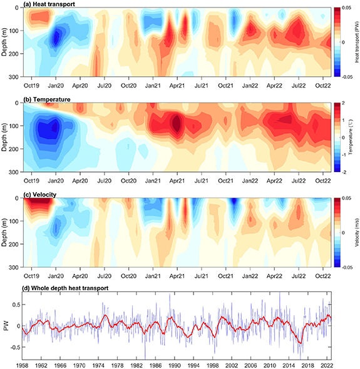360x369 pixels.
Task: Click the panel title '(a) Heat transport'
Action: [x=48, y=4]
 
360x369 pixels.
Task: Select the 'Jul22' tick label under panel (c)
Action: [x=299, y=275]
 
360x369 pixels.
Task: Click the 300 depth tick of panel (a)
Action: [x=13, y=76]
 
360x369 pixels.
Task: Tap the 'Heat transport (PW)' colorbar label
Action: [x=356, y=42]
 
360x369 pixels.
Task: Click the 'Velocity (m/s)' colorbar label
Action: [x=356, y=233]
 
